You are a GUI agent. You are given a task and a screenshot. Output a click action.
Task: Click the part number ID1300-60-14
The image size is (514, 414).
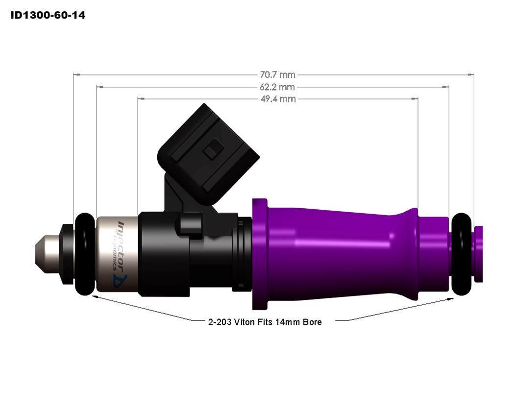(x=48, y=15)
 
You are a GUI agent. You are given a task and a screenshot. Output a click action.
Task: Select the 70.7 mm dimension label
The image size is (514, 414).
(x=277, y=75)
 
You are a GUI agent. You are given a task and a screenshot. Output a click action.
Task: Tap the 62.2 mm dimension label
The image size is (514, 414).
(x=277, y=87)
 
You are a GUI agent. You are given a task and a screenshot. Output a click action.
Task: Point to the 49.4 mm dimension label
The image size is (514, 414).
(x=277, y=99)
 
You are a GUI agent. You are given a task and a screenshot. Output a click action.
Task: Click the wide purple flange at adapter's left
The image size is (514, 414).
(x=260, y=254)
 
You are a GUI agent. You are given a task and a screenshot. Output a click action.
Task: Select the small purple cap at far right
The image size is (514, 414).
(x=479, y=254)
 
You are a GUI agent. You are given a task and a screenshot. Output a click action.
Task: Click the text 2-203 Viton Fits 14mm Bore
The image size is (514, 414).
(x=265, y=322)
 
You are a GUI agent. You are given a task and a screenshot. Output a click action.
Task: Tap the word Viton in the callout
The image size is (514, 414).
(x=245, y=322)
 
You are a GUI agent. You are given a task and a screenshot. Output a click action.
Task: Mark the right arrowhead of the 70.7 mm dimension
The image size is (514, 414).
(x=471, y=75)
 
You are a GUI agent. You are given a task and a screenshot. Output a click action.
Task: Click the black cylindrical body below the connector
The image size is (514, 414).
(x=164, y=255)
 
